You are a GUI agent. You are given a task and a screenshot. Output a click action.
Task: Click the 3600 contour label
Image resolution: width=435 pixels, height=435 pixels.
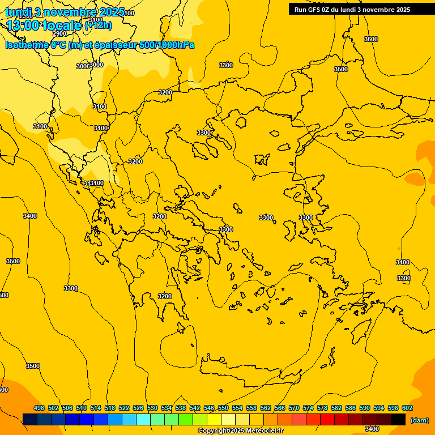click(x=370, y=39)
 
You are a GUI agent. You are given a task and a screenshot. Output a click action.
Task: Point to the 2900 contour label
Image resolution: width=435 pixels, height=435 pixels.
click(x=59, y=33)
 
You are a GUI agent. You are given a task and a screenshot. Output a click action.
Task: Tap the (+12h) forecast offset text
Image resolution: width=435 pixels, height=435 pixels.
click(x=98, y=25)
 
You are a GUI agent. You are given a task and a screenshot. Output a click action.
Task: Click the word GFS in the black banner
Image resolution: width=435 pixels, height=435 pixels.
click(x=314, y=10)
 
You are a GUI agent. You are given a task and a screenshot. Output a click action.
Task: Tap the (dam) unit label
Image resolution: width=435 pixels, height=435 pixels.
click(x=419, y=420)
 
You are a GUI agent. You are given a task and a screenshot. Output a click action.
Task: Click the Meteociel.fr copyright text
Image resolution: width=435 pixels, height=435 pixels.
click(x=240, y=431)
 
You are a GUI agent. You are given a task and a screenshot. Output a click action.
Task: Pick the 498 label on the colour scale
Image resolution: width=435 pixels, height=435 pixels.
click(x=39, y=408)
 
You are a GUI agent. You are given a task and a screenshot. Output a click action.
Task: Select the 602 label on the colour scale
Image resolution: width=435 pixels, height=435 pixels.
click(x=407, y=408)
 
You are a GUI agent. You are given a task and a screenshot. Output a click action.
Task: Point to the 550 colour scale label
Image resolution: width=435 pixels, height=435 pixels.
click(x=223, y=408)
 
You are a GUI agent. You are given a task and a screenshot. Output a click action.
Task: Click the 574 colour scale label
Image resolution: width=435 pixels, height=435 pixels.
click(x=308, y=408)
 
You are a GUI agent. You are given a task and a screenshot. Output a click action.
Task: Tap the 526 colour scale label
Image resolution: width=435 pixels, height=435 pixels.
click(x=138, y=408)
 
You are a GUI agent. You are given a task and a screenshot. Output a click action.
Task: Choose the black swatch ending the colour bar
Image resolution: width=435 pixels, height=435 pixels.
click(x=398, y=420)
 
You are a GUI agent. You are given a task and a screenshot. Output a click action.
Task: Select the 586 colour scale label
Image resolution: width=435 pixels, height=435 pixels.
click(x=351, y=408)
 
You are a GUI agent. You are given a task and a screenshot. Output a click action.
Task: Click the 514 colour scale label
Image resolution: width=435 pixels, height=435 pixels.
click(x=96, y=408)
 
